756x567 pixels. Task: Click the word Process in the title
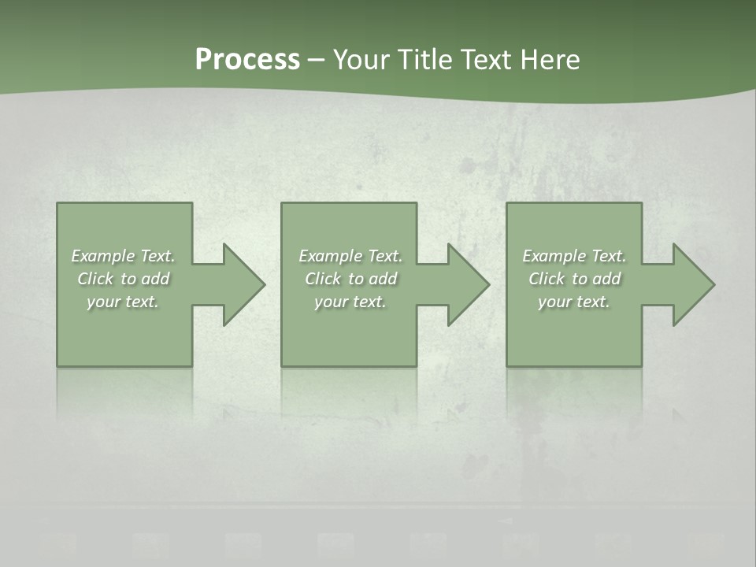(247, 60)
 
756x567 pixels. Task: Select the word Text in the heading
(485, 60)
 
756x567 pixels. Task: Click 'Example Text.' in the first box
(123, 256)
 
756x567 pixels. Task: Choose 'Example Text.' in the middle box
(350, 256)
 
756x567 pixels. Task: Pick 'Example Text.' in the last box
(574, 256)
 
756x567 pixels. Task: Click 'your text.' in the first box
(123, 302)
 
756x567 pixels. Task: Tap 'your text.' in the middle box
(350, 302)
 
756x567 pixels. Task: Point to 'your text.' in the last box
(574, 302)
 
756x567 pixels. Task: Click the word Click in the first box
(95, 279)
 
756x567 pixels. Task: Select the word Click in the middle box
(323, 279)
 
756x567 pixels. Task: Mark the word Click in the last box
(547, 279)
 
